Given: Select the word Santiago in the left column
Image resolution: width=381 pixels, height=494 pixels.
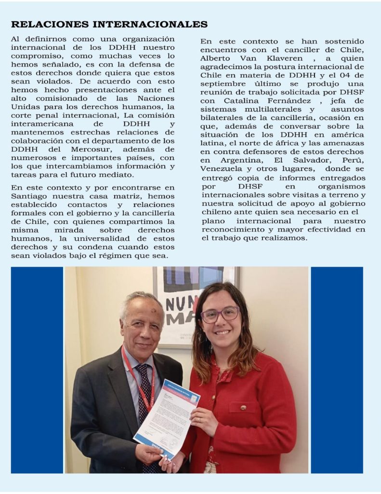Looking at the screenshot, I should (30, 196).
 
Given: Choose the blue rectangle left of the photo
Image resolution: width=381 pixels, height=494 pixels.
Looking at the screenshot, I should (37, 370).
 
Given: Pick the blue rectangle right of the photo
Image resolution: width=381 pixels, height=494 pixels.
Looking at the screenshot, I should (337, 370).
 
